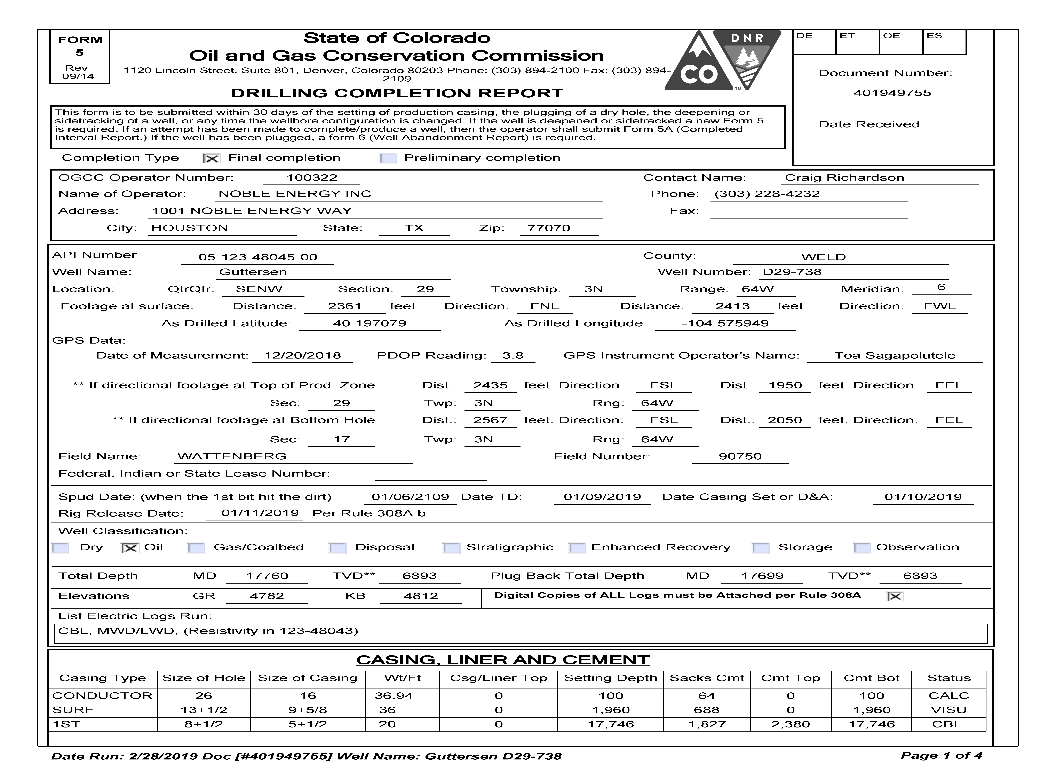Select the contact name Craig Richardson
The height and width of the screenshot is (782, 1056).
(x=844, y=178)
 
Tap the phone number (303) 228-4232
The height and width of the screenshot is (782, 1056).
(x=767, y=194)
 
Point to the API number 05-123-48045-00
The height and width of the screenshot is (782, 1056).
(x=258, y=257)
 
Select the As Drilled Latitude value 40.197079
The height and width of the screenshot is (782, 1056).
(x=369, y=324)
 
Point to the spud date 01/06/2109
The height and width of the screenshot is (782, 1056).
(x=410, y=497)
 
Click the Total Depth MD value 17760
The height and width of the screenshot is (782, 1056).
(x=267, y=576)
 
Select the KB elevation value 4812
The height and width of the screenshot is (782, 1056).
(x=421, y=596)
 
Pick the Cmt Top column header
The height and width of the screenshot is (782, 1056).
(x=790, y=678)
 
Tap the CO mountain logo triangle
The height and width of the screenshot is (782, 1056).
(x=695, y=66)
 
